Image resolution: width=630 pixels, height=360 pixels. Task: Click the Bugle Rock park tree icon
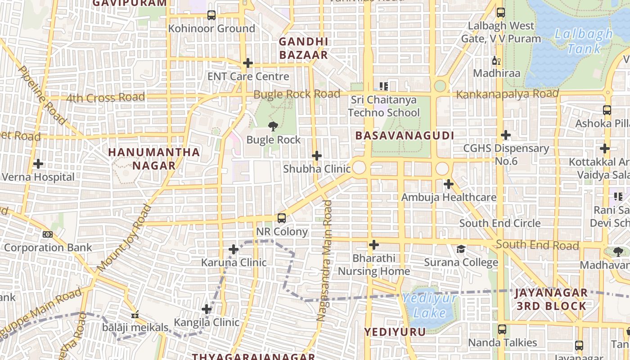click(x=273, y=126)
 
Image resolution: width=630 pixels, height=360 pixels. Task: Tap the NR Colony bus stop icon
click(x=282, y=218)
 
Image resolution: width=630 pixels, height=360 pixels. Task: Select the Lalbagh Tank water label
click(x=583, y=41)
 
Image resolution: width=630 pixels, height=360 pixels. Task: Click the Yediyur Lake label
click(x=429, y=305)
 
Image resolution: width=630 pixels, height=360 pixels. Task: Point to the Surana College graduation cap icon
click(x=461, y=249)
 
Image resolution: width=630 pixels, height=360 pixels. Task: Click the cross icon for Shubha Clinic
click(x=317, y=156)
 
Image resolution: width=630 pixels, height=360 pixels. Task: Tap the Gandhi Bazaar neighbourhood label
click(x=303, y=48)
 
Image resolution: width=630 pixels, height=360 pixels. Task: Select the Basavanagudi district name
click(x=405, y=135)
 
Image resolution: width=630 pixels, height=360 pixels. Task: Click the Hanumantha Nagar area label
click(x=154, y=158)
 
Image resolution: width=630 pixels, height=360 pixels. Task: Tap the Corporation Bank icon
click(x=48, y=234)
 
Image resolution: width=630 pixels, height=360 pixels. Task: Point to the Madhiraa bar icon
click(x=496, y=61)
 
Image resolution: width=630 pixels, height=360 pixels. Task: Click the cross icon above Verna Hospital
click(x=38, y=164)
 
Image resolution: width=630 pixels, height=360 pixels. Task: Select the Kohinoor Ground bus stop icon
click(x=211, y=15)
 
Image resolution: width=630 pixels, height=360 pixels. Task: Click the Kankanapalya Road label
click(x=507, y=94)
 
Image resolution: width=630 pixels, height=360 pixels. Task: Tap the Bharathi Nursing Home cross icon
click(x=373, y=245)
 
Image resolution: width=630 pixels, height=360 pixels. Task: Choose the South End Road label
click(x=537, y=245)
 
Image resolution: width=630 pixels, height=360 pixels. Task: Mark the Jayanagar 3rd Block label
click(x=551, y=299)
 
